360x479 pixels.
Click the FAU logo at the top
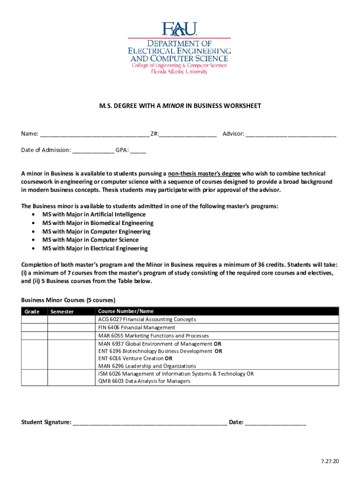click(180, 30)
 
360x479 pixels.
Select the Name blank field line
click(94, 135)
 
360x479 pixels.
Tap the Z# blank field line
click(187, 135)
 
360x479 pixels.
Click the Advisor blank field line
click(291, 135)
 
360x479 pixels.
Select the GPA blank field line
click(138, 151)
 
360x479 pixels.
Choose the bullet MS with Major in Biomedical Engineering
click(98, 223)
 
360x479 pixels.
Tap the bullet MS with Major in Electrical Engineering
click(95, 248)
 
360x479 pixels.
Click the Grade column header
click(33, 312)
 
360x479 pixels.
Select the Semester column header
click(62, 312)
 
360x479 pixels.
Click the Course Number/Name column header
click(126, 311)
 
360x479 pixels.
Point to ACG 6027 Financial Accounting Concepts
click(147, 319)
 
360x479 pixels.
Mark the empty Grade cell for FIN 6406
click(34, 327)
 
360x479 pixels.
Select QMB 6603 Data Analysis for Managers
click(144, 381)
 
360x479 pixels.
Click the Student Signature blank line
click(150, 423)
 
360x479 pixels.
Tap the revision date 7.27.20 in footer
click(330, 461)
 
